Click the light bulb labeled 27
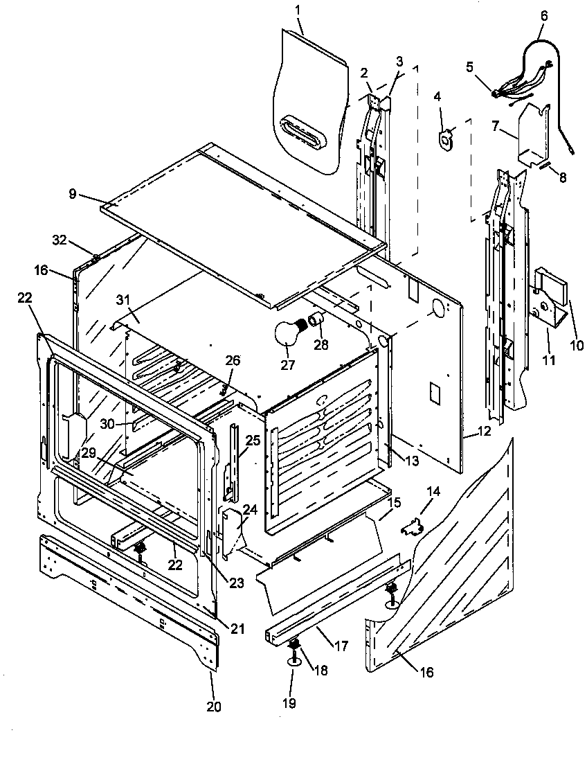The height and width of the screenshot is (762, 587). tap(290, 335)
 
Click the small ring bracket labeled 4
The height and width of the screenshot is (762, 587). tap(446, 138)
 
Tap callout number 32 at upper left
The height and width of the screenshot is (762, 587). tap(58, 240)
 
